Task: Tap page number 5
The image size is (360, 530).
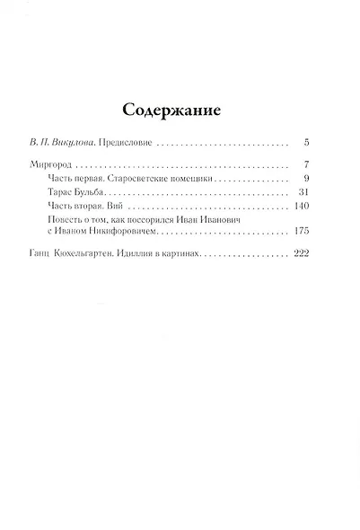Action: [307, 143]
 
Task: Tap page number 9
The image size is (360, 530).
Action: [307, 180]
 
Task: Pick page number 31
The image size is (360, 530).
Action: [304, 193]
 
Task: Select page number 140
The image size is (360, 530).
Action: [302, 207]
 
